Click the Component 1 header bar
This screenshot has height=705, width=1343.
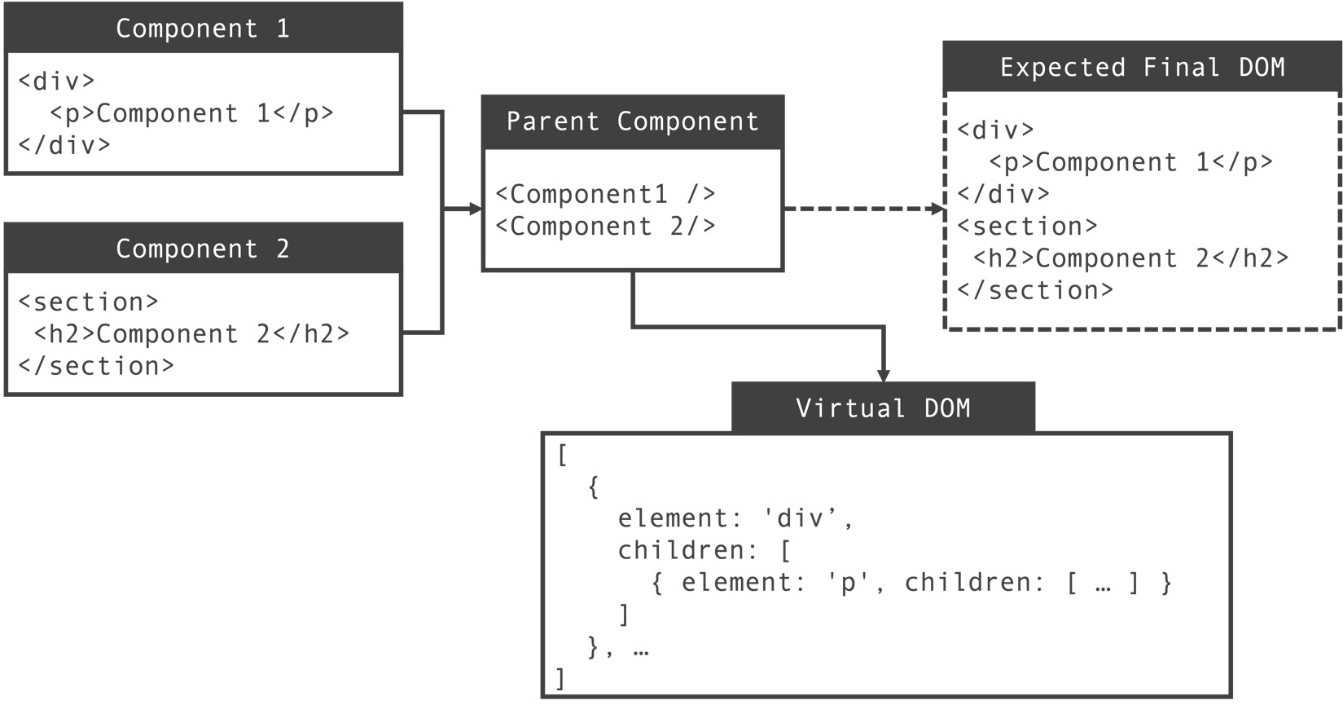click(203, 29)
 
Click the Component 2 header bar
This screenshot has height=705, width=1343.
click(203, 249)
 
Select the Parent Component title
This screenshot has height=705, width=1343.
click(632, 121)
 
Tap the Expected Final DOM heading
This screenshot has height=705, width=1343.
click(1142, 67)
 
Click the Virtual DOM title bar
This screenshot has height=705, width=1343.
click(883, 408)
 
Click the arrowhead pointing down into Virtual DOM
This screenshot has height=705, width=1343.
click(883, 375)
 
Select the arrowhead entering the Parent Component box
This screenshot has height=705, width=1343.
click(476, 209)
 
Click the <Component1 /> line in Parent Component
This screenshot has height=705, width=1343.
click(605, 194)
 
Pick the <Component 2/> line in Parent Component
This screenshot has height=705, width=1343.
click(605, 226)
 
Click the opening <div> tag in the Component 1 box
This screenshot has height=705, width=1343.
click(56, 81)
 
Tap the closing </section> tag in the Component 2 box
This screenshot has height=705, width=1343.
click(96, 366)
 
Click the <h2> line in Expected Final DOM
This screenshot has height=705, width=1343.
click(1130, 258)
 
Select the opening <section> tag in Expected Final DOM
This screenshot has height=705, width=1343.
click(1027, 226)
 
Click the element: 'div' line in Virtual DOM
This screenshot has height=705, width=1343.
click(735, 518)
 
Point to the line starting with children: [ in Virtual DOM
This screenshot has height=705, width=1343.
click(704, 550)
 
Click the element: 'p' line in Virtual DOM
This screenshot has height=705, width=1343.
click(911, 583)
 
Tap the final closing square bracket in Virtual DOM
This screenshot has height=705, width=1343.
click(560, 678)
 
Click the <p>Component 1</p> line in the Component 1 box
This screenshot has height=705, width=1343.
click(191, 113)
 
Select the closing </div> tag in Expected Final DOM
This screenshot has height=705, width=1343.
click(1003, 194)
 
